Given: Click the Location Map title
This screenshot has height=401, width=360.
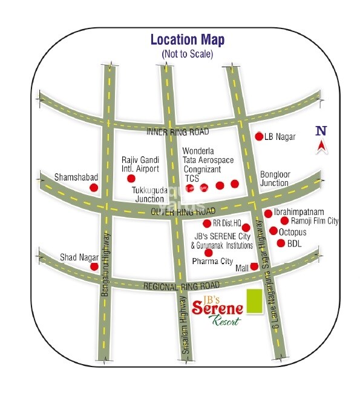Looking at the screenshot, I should coord(187,41).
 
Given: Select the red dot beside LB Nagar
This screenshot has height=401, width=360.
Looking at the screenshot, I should coord(259,136).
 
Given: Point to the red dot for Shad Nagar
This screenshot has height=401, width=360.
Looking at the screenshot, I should coord(94,267).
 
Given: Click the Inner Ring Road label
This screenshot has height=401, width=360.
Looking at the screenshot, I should coord(177,131).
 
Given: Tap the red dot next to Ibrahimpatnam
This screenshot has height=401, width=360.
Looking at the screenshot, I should coord(268,213).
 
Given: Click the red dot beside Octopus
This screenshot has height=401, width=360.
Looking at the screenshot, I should coord(273,231).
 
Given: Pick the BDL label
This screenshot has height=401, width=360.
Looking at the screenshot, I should coord(294,244).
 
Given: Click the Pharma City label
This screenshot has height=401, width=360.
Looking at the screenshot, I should coord(212,262).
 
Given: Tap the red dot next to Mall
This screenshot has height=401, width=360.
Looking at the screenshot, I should coord(254,267).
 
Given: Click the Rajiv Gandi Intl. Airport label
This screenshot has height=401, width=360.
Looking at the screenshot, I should coord(140,165).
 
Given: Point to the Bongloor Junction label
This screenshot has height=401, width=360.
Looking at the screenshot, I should coord(275,179).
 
